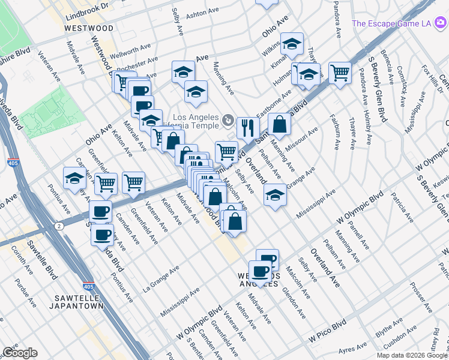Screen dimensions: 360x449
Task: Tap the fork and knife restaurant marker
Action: tap(247, 127)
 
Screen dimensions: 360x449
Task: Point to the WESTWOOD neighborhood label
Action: tap(89, 28)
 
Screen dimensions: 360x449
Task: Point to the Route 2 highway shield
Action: tap(58, 226)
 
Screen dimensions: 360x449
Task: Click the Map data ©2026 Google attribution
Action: tap(412, 355)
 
